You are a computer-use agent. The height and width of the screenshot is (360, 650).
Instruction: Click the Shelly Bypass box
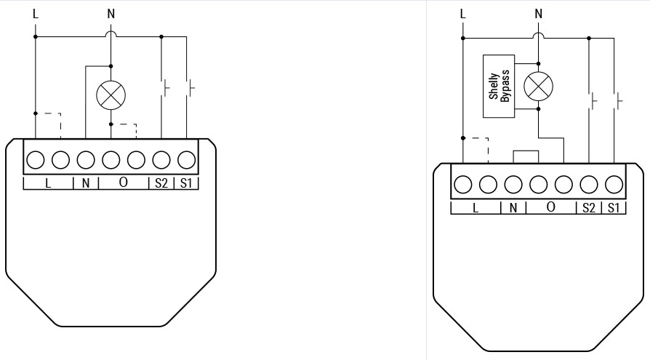[499, 87]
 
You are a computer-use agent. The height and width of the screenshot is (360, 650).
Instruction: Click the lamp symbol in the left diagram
[111, 95]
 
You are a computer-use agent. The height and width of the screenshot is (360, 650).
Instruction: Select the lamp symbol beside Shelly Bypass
[539, 87]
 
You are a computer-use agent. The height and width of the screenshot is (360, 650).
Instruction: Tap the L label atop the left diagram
[36, 14]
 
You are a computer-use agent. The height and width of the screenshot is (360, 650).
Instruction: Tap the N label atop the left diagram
[111, 14]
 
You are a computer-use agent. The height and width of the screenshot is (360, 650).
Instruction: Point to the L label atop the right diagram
[463, 14]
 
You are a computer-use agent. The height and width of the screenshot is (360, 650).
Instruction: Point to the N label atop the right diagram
[539, 14]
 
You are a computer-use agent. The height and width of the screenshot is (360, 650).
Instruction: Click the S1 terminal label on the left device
[186, 183]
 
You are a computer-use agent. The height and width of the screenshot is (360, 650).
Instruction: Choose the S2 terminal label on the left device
[161, 183]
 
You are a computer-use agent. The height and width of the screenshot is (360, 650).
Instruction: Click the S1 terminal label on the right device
[614, 207]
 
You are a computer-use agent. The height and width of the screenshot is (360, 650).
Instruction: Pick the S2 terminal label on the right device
[589, 207]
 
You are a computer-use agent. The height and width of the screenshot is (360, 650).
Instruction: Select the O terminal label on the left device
[123, 183]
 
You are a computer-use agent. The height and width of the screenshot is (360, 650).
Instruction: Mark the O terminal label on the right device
[550, 207]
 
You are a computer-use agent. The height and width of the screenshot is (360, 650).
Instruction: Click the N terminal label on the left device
[86, 183]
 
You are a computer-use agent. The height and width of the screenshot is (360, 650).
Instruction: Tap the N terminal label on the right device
[513, 207]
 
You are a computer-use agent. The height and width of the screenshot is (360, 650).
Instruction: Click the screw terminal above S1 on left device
[187, 160]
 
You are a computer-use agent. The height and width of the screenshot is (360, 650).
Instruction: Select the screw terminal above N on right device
[513, 185]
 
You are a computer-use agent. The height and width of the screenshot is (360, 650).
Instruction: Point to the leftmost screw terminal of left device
[35, 160]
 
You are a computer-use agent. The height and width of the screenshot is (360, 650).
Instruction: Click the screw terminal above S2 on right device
[589, 185]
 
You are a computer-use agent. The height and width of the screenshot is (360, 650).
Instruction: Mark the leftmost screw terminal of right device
[463, 185]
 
